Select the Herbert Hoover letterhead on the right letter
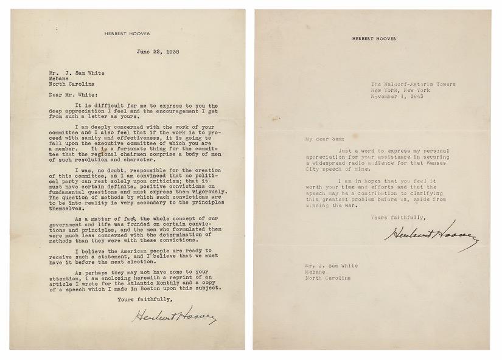click(x=374, y=38)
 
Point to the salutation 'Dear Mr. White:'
click(x=68, y=95)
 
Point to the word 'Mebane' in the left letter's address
click(x=59, y=77)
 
